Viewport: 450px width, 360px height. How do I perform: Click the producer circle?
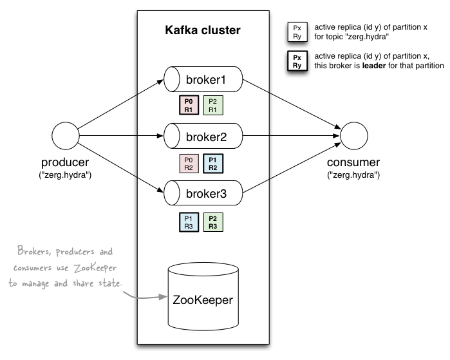point(64,136)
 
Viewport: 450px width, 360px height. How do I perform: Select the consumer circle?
point(353,136)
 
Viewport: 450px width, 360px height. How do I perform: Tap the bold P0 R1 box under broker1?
point(189,106)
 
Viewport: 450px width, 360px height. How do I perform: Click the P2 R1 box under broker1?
point(213,106)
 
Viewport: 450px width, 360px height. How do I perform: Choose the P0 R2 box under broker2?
point(189,164)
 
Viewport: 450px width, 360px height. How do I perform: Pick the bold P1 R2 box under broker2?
point(213,164)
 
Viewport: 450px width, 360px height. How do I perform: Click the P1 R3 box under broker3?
point(189,222)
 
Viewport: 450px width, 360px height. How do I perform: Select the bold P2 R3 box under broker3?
point(213,222)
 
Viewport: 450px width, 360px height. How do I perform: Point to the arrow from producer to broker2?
point(119,136)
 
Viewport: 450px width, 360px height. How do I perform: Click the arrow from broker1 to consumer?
point(290,106)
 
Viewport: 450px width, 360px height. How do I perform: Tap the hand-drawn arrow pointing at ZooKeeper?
point(145,297)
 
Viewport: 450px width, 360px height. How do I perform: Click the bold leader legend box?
point(297,61)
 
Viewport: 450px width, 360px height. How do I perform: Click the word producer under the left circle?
point(64,162)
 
